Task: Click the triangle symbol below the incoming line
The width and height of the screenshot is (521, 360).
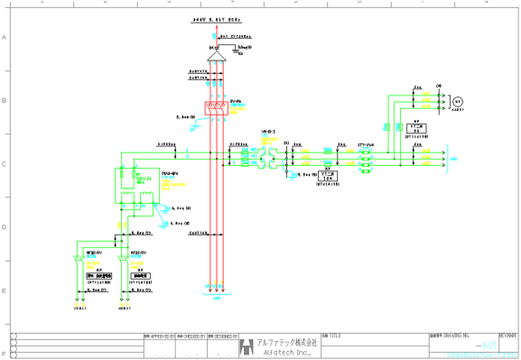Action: (x=216, y=56)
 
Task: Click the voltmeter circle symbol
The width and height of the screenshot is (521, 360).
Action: (x=457, y=100)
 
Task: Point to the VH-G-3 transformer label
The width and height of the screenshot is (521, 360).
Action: (x=268, y=132)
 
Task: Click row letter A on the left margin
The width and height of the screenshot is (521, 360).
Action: (x=4, y=38)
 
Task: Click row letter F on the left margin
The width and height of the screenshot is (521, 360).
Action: (x=4, y=353)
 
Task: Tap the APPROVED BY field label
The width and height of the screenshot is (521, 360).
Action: (x=158, y=336)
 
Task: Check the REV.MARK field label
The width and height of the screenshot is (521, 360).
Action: (x=507, y=336)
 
